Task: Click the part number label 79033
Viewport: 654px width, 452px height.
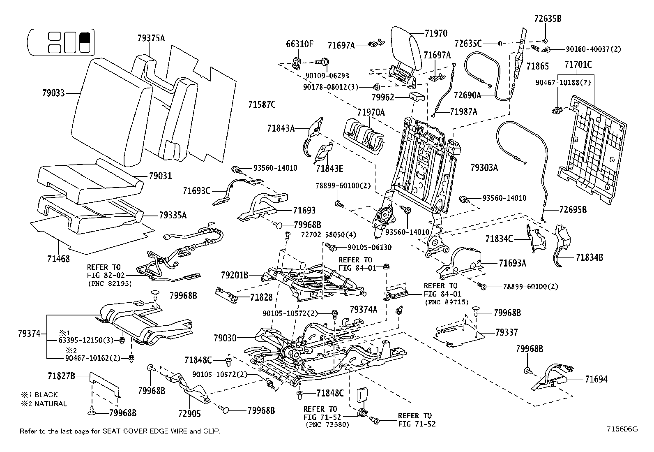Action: point(53,94)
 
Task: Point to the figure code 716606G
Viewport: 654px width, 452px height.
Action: point(622,429)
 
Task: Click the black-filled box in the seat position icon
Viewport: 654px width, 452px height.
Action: point(85,37)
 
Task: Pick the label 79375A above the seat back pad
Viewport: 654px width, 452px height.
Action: point(151,38)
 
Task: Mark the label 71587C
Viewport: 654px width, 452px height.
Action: point(262,104)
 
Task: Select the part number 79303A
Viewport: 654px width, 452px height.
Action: point(484,167)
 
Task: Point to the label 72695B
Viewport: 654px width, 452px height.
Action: point(573,210)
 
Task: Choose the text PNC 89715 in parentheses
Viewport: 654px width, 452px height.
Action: point(442,302)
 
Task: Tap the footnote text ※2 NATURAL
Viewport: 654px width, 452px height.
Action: point(44,403)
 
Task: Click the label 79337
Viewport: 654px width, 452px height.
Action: point(507,332)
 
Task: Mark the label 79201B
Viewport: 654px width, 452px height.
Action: point(235,275)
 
